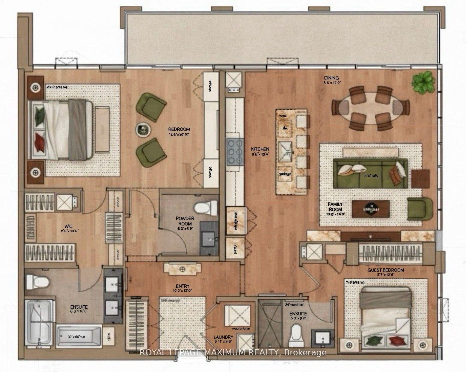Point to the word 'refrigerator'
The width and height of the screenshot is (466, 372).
[236, 220]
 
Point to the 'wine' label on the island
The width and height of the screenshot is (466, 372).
[283, 115]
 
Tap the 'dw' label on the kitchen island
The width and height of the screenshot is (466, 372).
[285, 128]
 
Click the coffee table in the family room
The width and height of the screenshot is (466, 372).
[371, 208]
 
